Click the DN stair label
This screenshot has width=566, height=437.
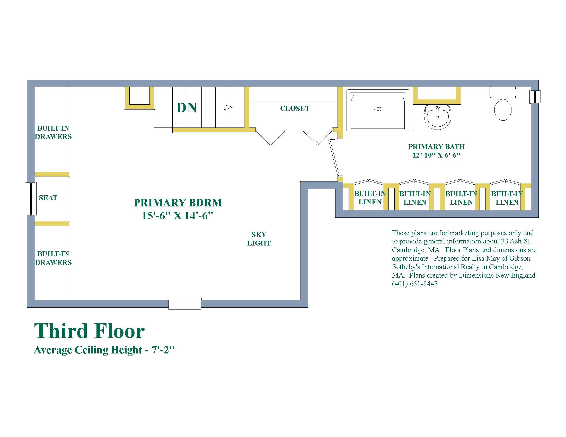(187, 107)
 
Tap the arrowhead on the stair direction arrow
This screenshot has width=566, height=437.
(228, 107)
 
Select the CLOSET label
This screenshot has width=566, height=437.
(295, 108)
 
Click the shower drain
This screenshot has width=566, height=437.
(378, 109)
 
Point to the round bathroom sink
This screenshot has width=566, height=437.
(437, 117)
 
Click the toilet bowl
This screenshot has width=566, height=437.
(503, 110)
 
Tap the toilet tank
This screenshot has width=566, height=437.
(502, 93)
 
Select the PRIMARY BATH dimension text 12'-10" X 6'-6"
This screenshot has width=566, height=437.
(436, 155)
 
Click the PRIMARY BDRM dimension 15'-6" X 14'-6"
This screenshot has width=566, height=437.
(178, 215)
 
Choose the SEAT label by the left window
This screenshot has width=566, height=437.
(48, 198)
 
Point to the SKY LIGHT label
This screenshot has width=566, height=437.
(259, 239)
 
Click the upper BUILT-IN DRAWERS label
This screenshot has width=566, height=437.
(54, 132)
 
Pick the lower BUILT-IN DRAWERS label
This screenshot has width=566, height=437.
(54, 258)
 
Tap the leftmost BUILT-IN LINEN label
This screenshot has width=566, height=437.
(370, 198)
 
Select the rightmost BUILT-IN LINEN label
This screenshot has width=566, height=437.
(507, 198)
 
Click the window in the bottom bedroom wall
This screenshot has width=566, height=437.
(185, 303)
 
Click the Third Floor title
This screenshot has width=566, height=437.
(90, 331)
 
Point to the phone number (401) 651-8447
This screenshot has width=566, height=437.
(415, 284)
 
